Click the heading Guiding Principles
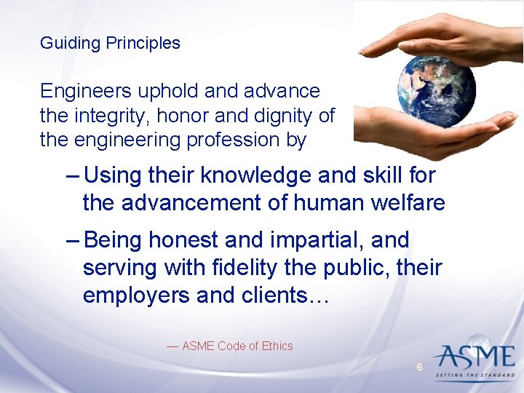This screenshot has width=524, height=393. pyautogui.click(x=110, y=43)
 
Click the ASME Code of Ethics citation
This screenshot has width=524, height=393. pyautogui.click(x=230, y=346)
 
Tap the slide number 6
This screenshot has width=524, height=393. pyautogui.click(x=419, y=368)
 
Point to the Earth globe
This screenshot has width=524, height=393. pyautogui.click(x=437, y=89)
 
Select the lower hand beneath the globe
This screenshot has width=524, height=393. pyautogui.click(x=444, y=135)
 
